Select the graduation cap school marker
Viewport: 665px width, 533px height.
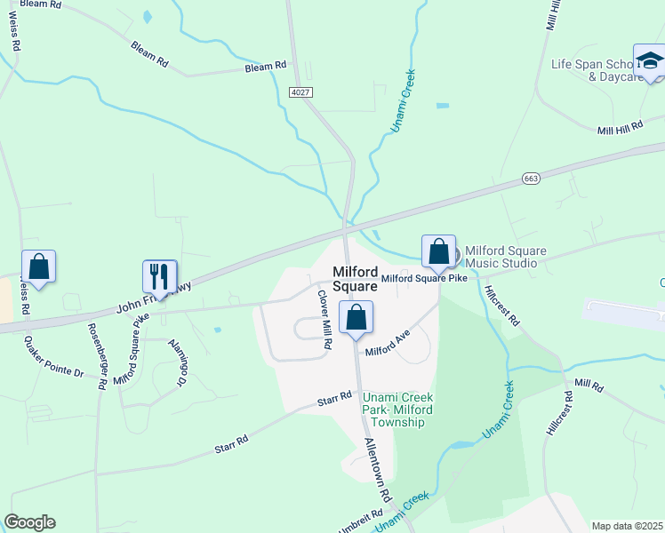click(x=649, y=62)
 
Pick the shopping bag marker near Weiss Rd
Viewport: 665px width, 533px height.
click(x=38, y=266)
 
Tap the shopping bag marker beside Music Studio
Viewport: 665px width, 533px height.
click(x=438, y=251)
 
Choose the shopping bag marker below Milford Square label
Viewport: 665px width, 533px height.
click(x=356, y=319)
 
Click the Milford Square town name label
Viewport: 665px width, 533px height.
click(x=356, y=279)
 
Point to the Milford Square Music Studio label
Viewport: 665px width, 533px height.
click(x=501, y=257)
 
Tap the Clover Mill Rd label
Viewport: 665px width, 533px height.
click(x=324, y=321)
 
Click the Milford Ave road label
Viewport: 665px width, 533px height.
click(x=387, y=342)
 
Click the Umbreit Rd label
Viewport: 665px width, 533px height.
click(x=361, y=518)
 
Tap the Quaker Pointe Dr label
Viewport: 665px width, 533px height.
click(x=54, y=357)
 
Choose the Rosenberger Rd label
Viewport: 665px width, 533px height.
click(x=97, y=354)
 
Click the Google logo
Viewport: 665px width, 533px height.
click(x=29, y=522)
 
